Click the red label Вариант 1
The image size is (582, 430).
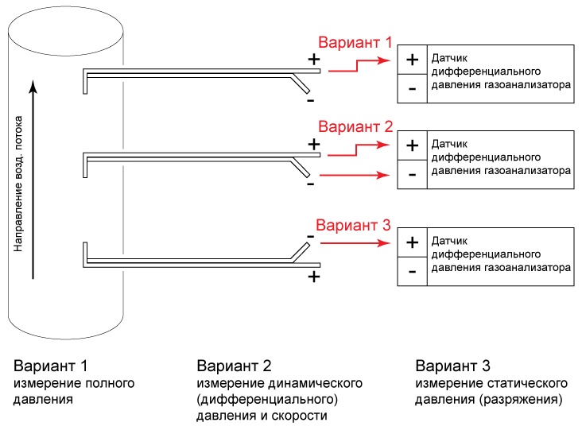tap(355, 43)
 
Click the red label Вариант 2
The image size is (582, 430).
tap(355, 126)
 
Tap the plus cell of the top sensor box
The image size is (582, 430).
tap(412, 60)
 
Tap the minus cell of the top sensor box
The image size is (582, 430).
tap(412, 88)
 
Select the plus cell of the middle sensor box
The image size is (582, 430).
tap(412, 145)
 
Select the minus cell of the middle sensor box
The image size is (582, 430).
tap(412, 174)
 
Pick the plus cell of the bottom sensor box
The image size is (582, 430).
tap(412, 242)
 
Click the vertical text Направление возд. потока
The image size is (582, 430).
tap(17, 183)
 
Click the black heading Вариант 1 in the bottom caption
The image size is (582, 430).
tap(50, 366)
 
